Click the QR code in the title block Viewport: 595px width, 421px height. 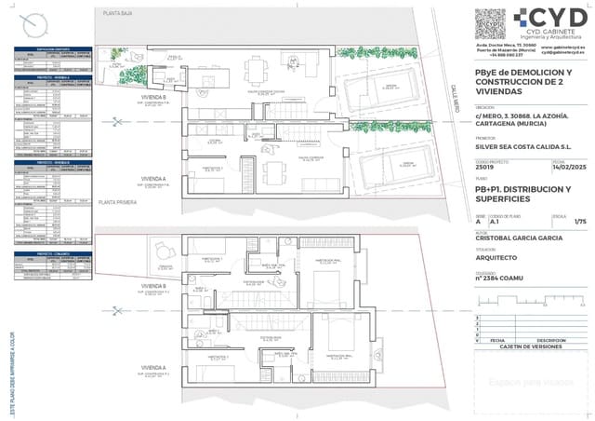(x=489, y=22)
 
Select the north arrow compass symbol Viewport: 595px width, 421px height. (x=36, y=20)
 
